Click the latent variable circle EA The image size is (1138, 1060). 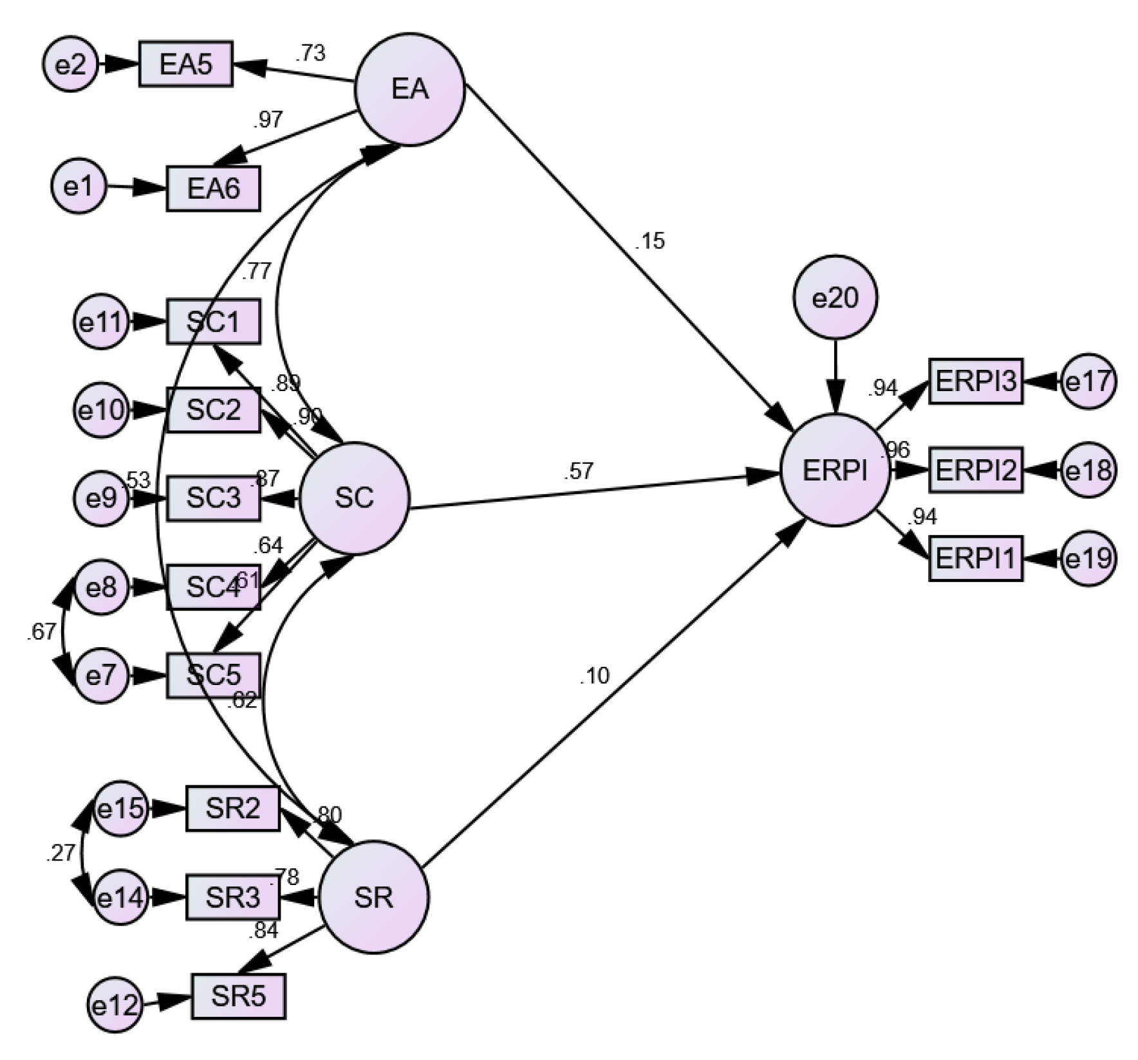[410, 90]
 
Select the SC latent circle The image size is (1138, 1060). [355, 498]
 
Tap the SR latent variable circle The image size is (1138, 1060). [374, 897]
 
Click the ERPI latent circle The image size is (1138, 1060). [835, 471]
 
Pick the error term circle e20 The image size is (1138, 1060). [835, 298]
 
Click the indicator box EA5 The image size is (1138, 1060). [185, 64]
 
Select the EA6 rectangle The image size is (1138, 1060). [213, 188]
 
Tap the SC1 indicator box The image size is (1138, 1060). [213, 321]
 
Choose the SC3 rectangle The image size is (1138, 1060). [213, 498]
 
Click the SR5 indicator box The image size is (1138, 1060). [238, 996]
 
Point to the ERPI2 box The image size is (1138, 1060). [975, 470]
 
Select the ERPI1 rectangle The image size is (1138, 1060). [975, 558]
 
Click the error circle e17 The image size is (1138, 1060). [1088, 382]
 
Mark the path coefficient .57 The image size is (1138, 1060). [578, 471]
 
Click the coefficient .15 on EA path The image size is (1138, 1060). [649, 241]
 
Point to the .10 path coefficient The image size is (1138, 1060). [593, 676]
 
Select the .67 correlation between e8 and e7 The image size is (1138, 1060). [41, 632]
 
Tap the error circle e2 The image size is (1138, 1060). [71, 64]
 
